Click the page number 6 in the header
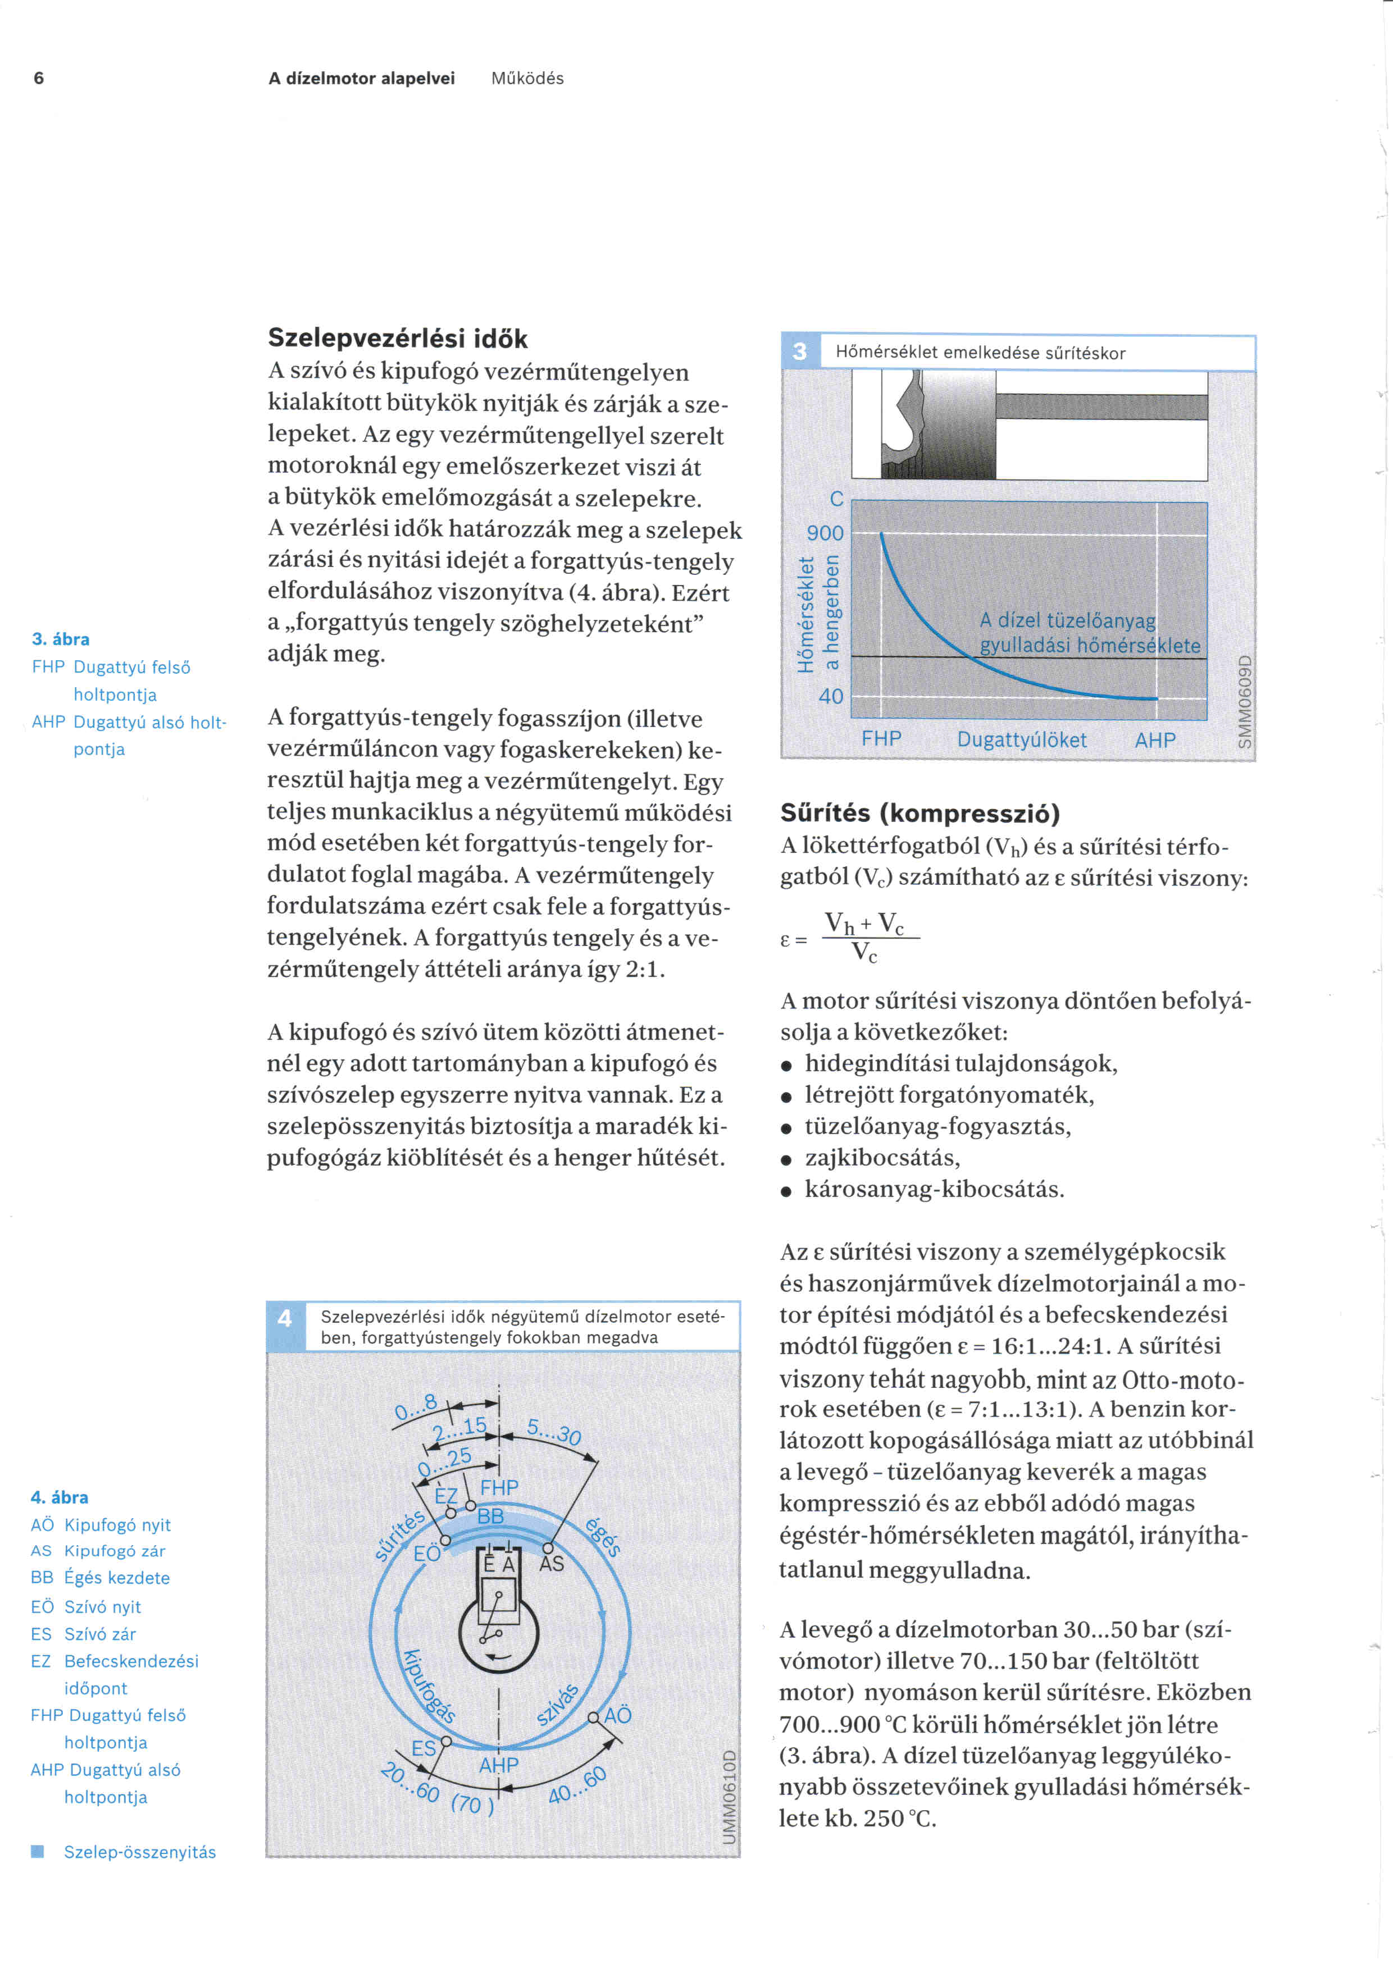pos(39,78)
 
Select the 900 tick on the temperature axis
pos(825,533)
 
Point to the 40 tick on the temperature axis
pos(830,696)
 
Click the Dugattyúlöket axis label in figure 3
pos(1022,739)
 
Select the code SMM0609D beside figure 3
pos(1245,701)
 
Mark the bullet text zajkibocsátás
pos(882,1158)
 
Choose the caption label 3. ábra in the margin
pos(61,639)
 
